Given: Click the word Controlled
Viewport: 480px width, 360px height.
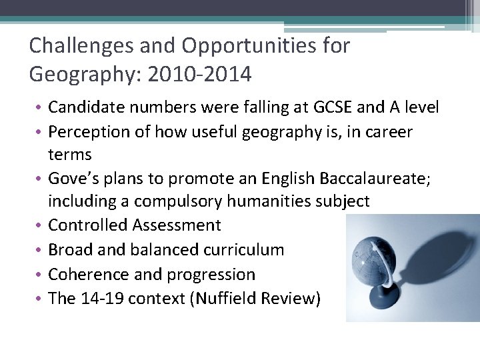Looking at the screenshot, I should pos(89,225).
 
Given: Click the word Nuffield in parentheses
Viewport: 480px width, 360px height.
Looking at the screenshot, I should pos(226,298).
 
